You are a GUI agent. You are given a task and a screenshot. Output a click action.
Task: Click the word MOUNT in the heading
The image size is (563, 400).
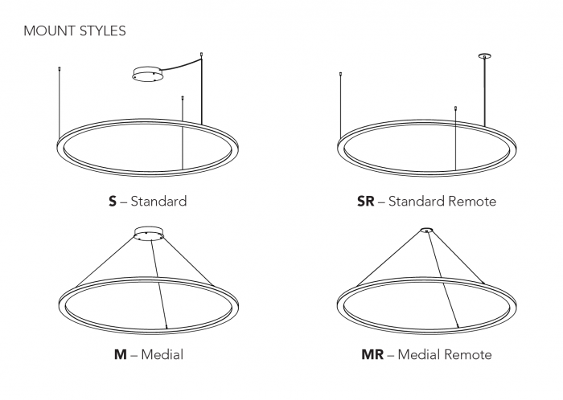click(x=50, y=31)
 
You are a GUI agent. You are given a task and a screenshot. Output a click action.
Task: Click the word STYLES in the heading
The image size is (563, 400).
click(x=103, y=31)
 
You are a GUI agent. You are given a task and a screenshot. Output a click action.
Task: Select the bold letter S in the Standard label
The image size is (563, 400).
click(x=113, y=202)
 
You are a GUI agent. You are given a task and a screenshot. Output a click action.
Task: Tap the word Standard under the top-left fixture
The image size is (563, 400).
click(x=158, y=202)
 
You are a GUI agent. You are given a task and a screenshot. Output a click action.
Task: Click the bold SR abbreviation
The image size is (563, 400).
click(x=365, y=202)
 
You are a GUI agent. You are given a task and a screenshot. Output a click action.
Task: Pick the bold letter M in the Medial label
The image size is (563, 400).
click(x=121, y=354)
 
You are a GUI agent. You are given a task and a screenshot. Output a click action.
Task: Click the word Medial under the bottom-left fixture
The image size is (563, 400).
click(x=162, y=354)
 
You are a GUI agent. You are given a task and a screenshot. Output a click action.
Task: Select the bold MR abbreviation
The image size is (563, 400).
click(x=372, y=354)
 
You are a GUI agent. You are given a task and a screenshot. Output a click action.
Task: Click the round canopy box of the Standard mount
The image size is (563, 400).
click(x=147, y=74)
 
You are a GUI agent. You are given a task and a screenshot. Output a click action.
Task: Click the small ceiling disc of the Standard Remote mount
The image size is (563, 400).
click(x=485, y=56)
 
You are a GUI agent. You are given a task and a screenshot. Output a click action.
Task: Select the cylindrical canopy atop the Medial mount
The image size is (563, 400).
click(x=150, y=233)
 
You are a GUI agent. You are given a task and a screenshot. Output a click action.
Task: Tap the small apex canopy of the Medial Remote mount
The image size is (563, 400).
click(x=426, y=230)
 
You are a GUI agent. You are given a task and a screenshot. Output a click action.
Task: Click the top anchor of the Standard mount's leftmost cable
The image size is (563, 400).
click(x=60, y=67)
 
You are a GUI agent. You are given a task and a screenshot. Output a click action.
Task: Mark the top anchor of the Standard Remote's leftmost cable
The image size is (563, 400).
click(x=340, y=74)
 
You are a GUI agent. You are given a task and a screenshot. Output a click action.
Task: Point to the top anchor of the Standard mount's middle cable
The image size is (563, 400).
click(x=183, y=97)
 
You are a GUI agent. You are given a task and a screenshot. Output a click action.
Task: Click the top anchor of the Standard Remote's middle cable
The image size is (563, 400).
click(x=455, y=108)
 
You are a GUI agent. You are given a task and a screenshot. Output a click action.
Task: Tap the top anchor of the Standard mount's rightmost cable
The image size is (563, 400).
click(x=202, y=55)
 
